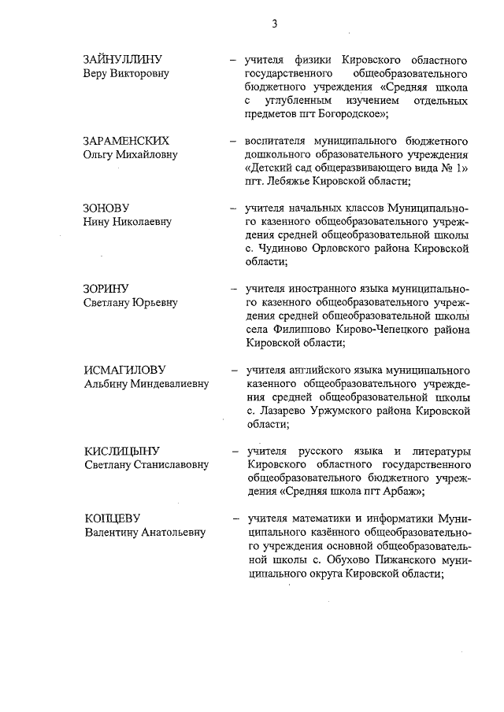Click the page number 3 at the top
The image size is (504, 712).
point(274,24)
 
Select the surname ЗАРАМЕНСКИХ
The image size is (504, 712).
point(127,141)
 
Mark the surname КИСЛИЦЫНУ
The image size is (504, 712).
point(122,451)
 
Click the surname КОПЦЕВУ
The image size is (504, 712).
point(112,518)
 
